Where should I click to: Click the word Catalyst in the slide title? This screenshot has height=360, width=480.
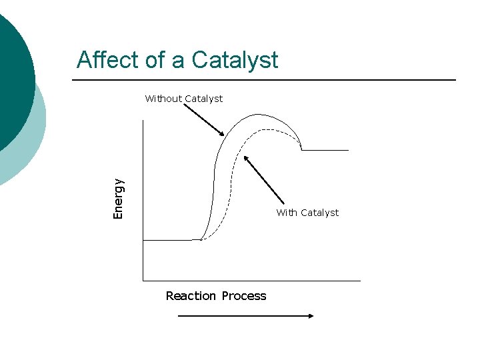pos(235,60)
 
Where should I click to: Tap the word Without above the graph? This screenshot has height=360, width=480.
pos(163,99)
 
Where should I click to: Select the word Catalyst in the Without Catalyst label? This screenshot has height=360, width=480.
pos(203,99)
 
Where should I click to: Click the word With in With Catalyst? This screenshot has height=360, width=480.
pos(287,213)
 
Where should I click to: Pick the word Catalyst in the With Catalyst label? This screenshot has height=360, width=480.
pos(319,213)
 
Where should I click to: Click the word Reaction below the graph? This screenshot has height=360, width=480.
pos(191,296)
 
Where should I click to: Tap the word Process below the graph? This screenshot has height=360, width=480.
pos(244,296)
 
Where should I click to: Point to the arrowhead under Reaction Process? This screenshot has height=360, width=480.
pos(310,316)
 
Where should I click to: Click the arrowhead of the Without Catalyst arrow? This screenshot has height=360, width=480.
pos(223,134)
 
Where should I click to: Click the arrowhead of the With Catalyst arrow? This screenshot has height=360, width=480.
pos(247,159)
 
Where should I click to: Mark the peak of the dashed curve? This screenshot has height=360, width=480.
pos(263,129)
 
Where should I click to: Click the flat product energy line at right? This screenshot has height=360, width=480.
pos(325,151)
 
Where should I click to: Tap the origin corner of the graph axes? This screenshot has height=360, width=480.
pos(143,281)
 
